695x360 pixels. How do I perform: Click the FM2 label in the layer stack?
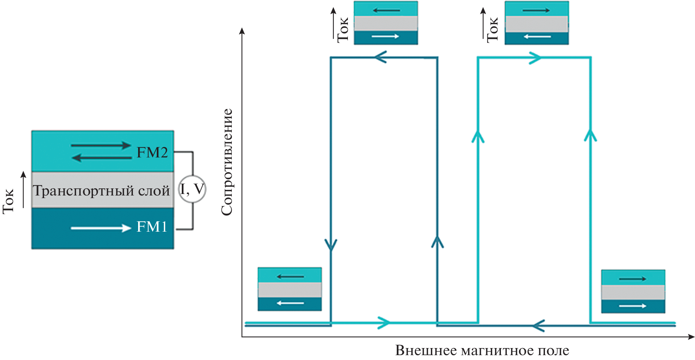click(x=152, y=152)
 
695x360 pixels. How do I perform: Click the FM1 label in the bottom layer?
click(x=152, y=227)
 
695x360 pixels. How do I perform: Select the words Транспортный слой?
click(x=101, y=191)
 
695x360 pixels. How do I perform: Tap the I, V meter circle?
click(x=192, y=189)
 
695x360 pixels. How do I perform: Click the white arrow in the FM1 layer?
click(x=101, y=228)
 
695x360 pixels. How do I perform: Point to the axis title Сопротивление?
click(x=227, y=162)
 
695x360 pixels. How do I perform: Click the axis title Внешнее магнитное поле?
click(x=482, y=351)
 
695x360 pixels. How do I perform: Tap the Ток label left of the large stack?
click(x=8, y=201)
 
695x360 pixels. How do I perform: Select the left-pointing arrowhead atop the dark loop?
click(x=380, y=57)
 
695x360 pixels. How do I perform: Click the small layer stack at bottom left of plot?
click(x=290, y=289)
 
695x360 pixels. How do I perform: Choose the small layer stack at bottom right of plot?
click(x=633, y=291)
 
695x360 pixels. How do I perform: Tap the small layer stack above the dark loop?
click(x=386, y=23)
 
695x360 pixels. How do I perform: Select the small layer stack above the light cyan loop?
click(x=536, y=23)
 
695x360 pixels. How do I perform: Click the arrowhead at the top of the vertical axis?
click(x=242, y=31)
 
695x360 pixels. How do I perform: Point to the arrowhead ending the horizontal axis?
click(x=691, y=337)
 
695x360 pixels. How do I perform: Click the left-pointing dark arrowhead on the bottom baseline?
click(x=538, y=326)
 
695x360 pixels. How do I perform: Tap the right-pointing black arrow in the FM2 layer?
click(x=101, y=145)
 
